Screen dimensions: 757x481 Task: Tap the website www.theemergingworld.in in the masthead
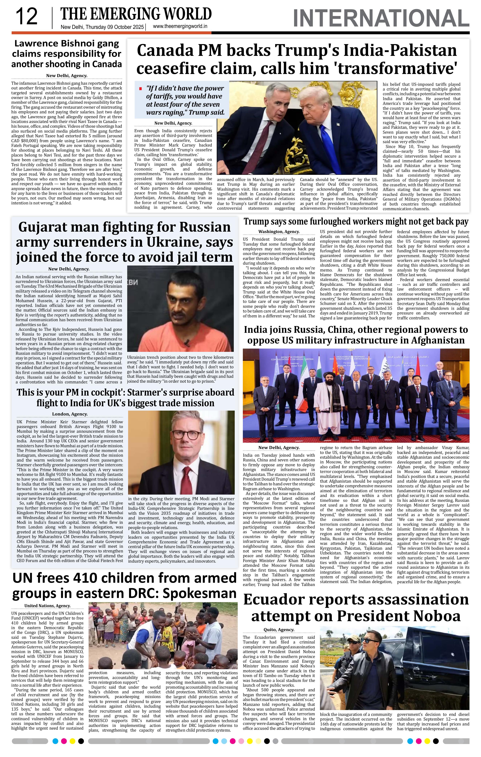(x=180, y=27)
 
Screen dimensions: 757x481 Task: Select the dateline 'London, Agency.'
(x=70, y=414)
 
